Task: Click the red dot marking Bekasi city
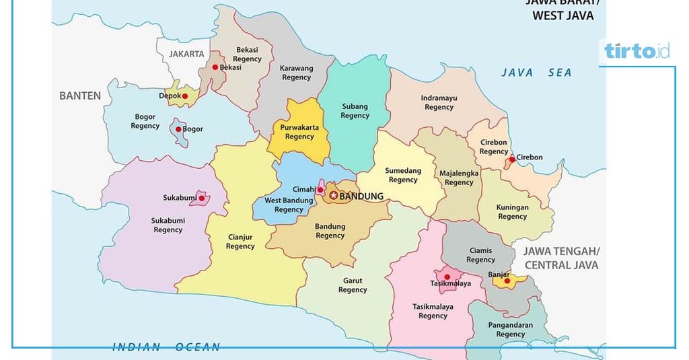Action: click(x=215, y=67)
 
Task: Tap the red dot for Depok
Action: click(x=185, y=96)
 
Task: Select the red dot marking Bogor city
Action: click(x=178, y=129)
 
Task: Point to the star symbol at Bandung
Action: click(x=333, y=196)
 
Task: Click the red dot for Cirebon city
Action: click(x=512, y=159)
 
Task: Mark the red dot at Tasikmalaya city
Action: click(x=447, y=277)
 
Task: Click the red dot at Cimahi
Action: click(x=320, y=190)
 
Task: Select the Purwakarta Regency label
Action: click(x=299, y=131)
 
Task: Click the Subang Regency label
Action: click(x=355, y=111)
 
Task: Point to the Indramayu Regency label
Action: click(x=439, y=102)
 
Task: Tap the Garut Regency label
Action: click(x=353, y=285)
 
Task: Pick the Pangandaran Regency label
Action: click(x=510, y=330)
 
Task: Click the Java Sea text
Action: click(x=536, y=73)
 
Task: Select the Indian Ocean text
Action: click(x=166, y=347)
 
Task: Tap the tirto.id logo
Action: click(x=636, y=51)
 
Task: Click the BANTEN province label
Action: click(x=80, y=96)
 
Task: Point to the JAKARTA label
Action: click(x=186, y=53)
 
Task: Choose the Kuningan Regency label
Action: click(x=512, y=212)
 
